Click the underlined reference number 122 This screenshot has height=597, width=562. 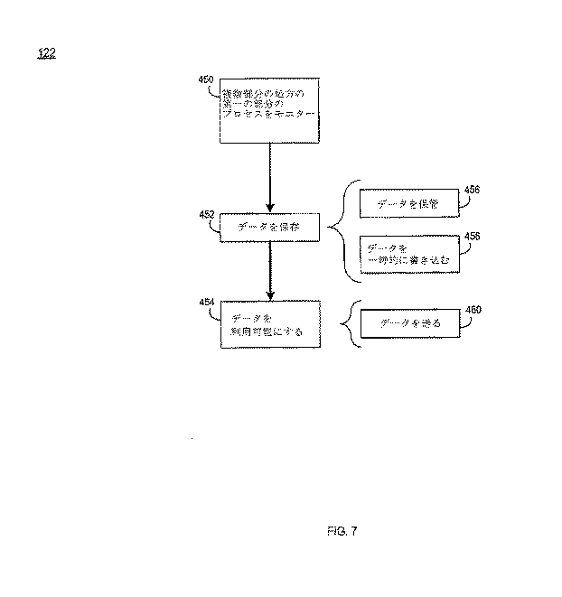click(47, 53)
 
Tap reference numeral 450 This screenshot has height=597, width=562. click(206, 80)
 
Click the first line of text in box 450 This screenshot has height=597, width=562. click(269, 94)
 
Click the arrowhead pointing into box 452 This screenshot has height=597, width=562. click(270, 206)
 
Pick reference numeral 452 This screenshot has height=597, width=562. click(206, 215)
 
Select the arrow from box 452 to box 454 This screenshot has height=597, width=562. click(270, 271)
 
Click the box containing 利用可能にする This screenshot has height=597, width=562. click(270, 324)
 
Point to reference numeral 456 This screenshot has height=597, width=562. click(472, 190)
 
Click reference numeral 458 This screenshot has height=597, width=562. click(472, 236)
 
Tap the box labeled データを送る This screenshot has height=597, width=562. click(410, 323)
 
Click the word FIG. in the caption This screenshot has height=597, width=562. click(337, 530)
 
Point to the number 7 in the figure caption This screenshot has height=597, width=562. click(355, 530)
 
